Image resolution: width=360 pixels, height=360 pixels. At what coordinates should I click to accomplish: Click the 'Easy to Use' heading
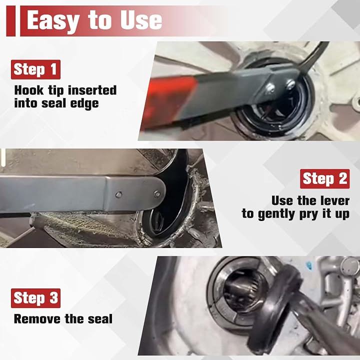94,20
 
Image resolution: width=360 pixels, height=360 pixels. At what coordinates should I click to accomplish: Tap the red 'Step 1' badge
35,69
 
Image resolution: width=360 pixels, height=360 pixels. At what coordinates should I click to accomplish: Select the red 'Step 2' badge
324,179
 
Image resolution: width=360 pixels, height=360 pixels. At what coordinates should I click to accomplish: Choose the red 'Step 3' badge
35,298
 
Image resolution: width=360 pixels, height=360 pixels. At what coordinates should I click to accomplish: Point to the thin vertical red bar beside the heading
11,21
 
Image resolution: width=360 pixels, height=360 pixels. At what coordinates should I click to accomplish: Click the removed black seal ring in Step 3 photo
273,305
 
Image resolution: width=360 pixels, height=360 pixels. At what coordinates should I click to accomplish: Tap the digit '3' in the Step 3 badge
54,298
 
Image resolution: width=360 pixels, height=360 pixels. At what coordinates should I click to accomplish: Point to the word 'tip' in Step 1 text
56,91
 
